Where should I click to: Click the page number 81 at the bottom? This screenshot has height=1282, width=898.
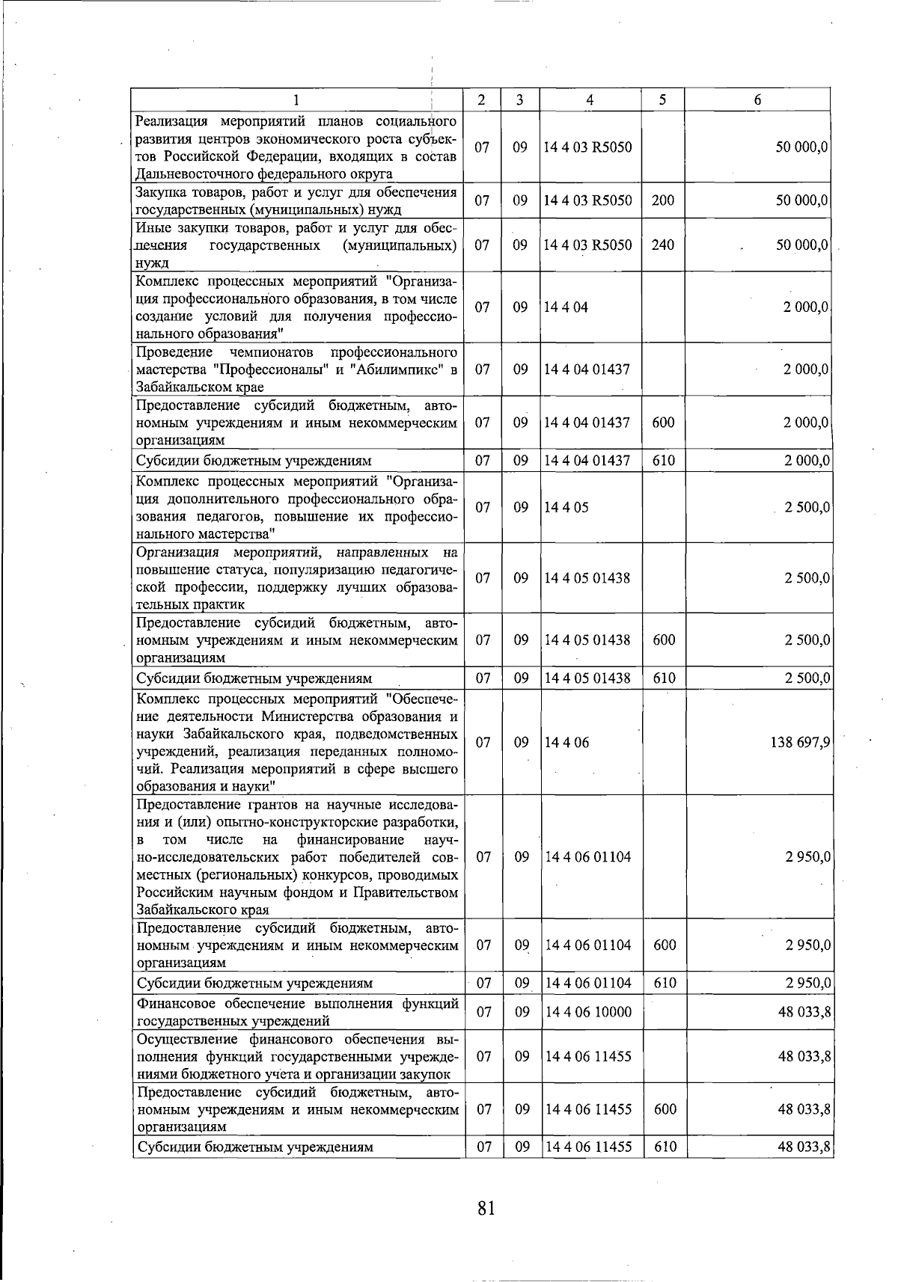tap(486, 1207)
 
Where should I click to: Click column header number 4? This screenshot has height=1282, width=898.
tap(590, 100)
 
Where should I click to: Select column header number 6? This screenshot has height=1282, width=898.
tap(757, 100)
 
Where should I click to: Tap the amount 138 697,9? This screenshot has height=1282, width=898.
tap(800, 743)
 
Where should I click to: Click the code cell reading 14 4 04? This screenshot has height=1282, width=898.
tap(566, 307)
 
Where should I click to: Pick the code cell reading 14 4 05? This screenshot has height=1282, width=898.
tap(566, 507)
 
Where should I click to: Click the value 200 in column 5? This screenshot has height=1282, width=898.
tap(662, 200)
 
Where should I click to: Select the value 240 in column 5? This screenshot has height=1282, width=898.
tap(662, 245)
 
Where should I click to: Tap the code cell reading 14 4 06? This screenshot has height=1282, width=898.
tap(566, 743)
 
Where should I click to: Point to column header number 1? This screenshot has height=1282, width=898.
tap(296, 100)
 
